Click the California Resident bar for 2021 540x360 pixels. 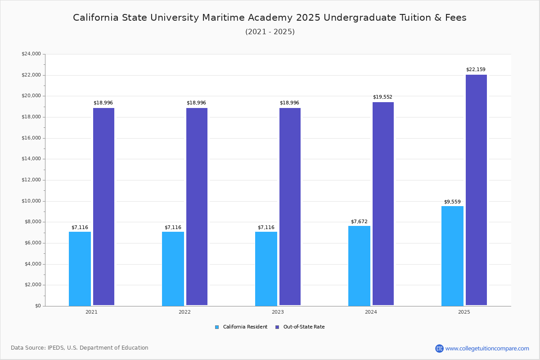tap(80, 269)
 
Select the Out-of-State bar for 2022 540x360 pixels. tap(197, 207)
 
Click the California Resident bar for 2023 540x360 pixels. tap(266, 269)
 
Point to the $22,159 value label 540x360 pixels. tap(476, 70)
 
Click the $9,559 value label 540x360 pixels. tap(452, 202)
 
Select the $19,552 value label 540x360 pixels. tap(382, 97)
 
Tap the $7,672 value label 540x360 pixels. tap(359, 222)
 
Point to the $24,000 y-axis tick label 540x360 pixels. tap(31, 54)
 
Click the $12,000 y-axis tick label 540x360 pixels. tap(31, 180)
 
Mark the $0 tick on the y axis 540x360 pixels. tap(37, 306)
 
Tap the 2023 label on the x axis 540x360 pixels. tap(278, 312)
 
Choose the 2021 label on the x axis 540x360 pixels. tap(91, 312)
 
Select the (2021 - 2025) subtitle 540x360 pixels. tap(270, 32)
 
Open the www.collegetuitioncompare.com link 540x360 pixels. tap(487, 348)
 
